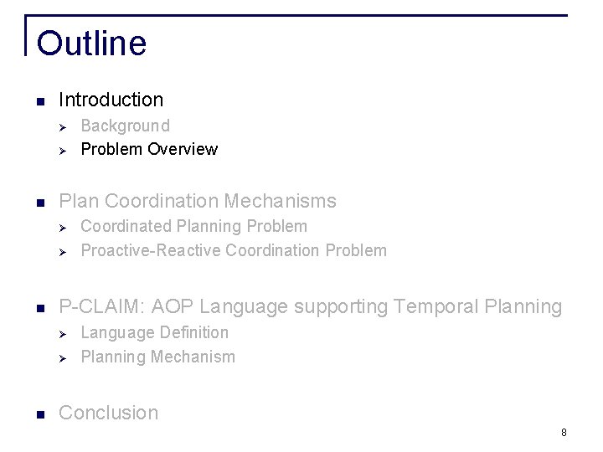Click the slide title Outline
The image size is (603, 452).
coord(91,44)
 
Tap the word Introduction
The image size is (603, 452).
coord(111,100)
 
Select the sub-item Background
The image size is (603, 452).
coord(125,126)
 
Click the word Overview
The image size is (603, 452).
coord(183,150)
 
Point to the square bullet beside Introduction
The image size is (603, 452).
coord(39,101)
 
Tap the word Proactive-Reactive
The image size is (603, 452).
coord(151,250)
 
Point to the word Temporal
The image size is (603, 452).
coord(429,307)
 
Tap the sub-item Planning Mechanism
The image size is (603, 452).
coord(157,357)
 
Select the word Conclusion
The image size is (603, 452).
coord(108,413)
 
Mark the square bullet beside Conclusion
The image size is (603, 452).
coord(39,414)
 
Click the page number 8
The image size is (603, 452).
coord(564,433)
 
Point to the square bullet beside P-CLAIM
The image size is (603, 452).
coord(39,309)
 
